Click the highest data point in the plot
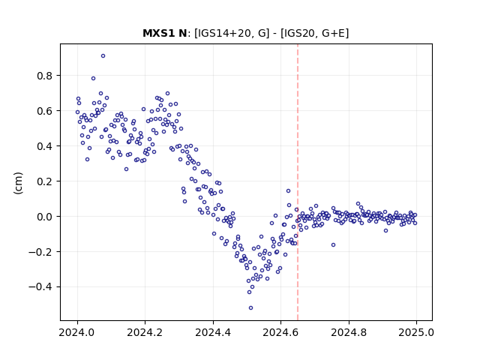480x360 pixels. tap(103, 55)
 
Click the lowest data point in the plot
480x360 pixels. tap(250, 307)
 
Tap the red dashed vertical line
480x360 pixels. tap(298, 182)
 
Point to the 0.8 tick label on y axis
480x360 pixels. tap(45, 76)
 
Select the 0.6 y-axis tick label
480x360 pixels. tap(45, 111)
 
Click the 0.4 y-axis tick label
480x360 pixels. tap(45, 146)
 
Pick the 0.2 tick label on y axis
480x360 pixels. tap(45, 181)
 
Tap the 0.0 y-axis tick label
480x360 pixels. tap(45, 217)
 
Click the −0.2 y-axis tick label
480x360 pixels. tap(40, 252)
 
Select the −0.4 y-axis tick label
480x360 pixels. tap(40, 287)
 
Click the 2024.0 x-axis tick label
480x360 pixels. tap(76, 332)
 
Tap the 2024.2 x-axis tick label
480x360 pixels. tap(145, 332)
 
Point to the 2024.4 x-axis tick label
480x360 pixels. tap(213, 332)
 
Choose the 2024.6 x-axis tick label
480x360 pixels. tap(280, 332)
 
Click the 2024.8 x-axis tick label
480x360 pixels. tap(348, 332)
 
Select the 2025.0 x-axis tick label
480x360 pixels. tap(416, 332)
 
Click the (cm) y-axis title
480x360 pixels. tap(18, 183)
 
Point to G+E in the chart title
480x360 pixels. tap(334, 33)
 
